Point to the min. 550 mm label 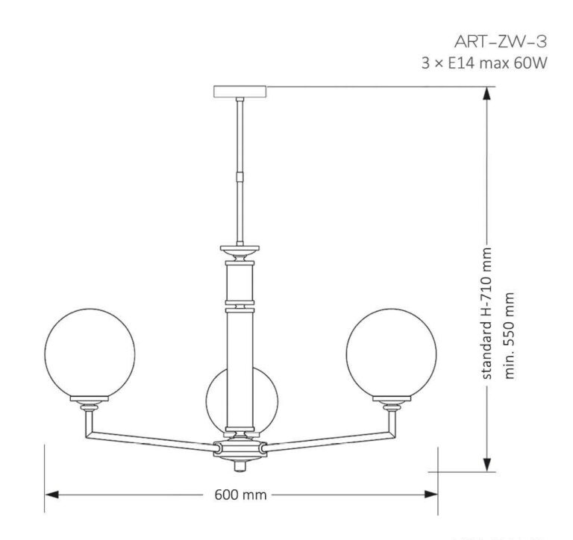pos(511,333)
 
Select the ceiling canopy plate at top pos(240,91)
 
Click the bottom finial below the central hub pos(240,465)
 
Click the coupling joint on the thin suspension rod pos(240,178)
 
